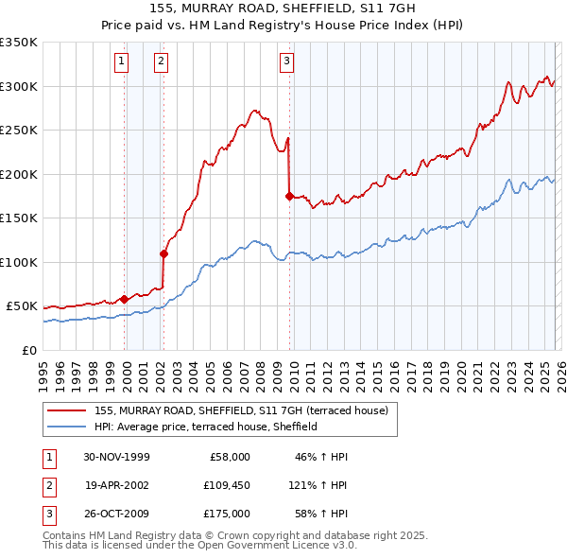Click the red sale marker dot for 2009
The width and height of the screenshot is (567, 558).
tap(289, 196)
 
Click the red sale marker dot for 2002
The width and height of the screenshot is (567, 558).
tap(163, 253)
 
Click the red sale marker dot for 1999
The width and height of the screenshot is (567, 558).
tap(124, 299)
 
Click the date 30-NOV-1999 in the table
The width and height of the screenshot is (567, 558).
tap(116, 457)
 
